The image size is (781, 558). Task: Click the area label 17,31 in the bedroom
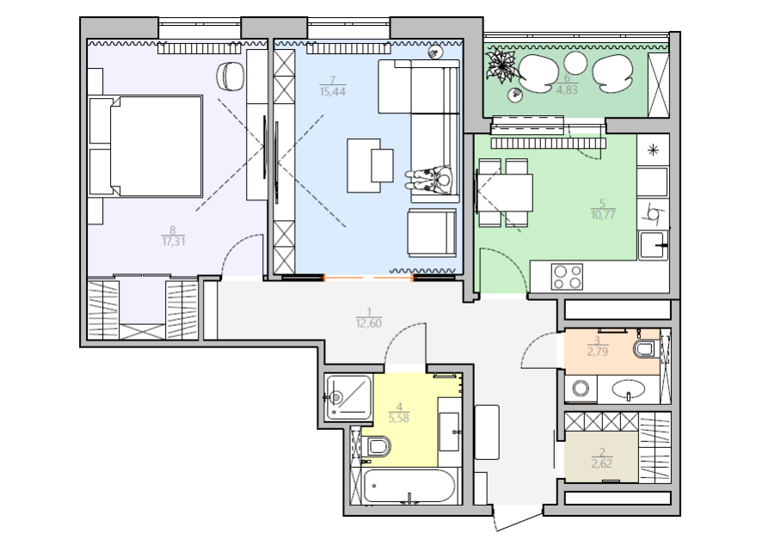tap(174, 242)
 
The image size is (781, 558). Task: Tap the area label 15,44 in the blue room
tap(333, 92)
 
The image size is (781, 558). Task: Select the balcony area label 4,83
tap(567, 90)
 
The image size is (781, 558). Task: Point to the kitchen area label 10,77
tap(603, 215)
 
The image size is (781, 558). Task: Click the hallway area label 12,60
tap(369, 323)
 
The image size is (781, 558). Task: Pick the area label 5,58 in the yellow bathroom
tap(399, 418)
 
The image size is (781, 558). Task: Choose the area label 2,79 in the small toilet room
tap(598, 352)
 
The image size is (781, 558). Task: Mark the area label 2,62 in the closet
tap(602, 464)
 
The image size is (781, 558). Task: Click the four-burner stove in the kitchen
tap(567, 276)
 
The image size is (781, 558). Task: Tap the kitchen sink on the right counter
tap(654, 245)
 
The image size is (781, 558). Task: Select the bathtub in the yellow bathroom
tap(409, 487)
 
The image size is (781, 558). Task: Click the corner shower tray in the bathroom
tap(348, 397)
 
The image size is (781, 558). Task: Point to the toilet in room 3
tap(646, 348)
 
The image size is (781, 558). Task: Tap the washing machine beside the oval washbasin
tap(581, 389)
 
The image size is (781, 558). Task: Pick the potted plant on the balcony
tap(502, 64)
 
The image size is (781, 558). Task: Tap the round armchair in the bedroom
tap(231, 77)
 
